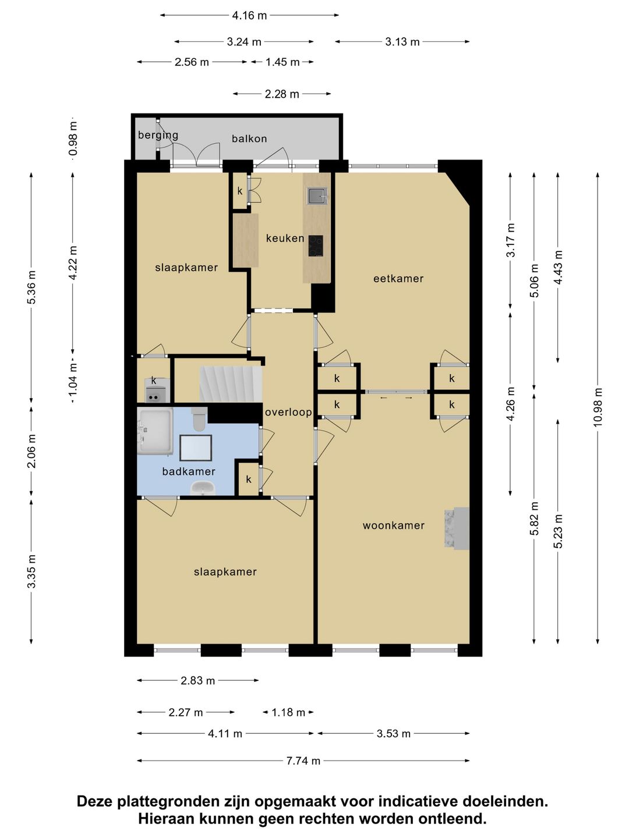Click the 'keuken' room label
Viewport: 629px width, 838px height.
(285, 238)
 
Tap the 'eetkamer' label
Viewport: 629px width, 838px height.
(398, 279)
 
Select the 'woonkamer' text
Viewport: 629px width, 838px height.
(393, 525)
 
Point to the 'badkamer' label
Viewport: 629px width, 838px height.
(189, 471)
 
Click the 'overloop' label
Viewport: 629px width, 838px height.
(288, 413)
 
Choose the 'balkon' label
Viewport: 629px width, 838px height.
(249, 139)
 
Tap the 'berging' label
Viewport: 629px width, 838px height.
(158, 136)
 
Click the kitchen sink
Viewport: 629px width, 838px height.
(317, 196)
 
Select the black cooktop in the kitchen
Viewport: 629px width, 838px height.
(316, 246)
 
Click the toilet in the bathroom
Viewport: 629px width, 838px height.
(199, 418)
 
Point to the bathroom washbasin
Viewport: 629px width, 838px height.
(203, 488)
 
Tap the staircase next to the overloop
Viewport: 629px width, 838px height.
(231, 384)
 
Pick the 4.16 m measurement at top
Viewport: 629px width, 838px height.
(249, 16)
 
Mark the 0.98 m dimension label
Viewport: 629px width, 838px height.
(73, 139)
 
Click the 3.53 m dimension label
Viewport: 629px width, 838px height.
(393, 733)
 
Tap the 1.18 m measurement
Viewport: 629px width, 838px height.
(288, 712)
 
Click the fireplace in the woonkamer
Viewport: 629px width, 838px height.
(457, 528)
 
